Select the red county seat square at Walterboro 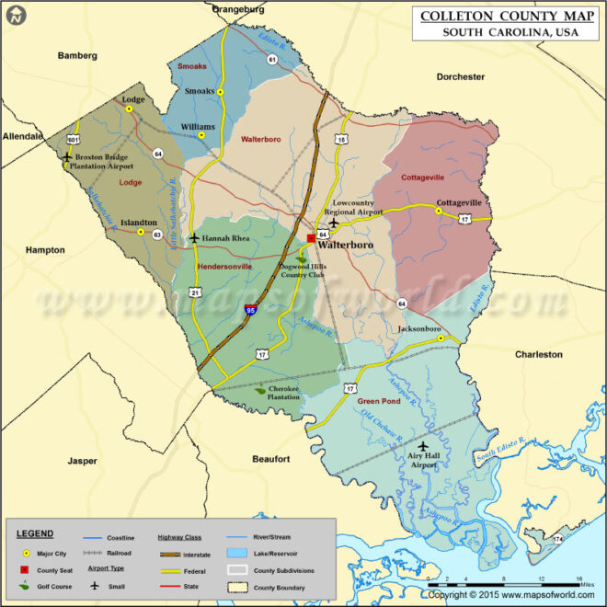click(311, 237)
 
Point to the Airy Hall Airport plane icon click(423, 446)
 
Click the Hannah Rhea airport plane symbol click(194, 238)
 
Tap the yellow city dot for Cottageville click(439, 211)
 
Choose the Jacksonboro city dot click(441, 338)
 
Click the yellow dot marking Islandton click(141, 233)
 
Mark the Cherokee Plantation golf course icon click(261, 390)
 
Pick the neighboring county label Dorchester click(460, 77)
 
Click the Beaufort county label click(271, 458)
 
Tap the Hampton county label click(45, 250)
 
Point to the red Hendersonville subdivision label click(224, 267)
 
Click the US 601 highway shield click(73, 138)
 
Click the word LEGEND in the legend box click(35, 533)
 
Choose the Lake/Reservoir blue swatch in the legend click(238, 553)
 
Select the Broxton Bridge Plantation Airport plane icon click(67, 156)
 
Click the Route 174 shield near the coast click(558, 538)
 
